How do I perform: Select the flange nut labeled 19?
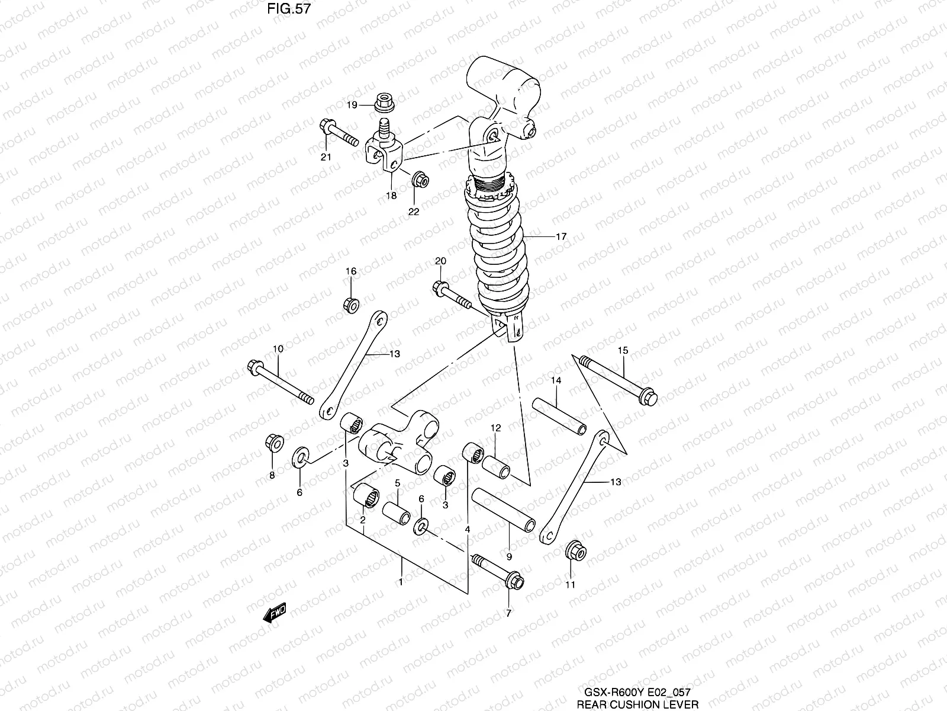click(385, 103)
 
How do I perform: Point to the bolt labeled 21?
click(339, 133)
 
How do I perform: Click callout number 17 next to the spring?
click(561, 236)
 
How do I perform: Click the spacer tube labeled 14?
click(559, 415)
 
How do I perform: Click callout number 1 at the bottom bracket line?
click(401, 582)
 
